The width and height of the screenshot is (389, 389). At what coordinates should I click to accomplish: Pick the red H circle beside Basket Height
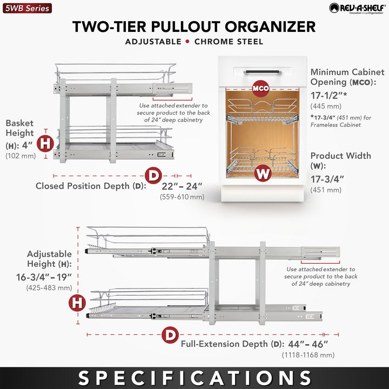46,144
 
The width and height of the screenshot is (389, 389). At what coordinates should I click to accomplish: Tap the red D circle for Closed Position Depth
154,176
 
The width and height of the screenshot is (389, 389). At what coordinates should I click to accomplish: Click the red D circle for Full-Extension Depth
170,335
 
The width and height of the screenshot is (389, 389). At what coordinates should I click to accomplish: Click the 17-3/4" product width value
328,179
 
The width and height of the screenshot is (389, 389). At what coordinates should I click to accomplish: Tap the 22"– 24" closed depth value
182,186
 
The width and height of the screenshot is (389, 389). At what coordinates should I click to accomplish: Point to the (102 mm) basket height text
21,156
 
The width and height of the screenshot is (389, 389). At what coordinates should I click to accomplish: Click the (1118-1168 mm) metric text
308,355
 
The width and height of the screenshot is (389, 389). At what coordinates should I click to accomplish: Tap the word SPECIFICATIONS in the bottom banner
194,378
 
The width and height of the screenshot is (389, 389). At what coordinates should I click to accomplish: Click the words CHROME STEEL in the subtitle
226,42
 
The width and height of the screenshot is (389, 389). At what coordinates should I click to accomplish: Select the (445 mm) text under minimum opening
325,106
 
